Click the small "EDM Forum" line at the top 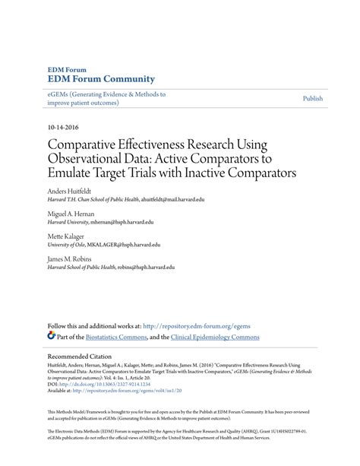[x=67, y=68]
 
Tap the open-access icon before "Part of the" [x=51, y=335]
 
